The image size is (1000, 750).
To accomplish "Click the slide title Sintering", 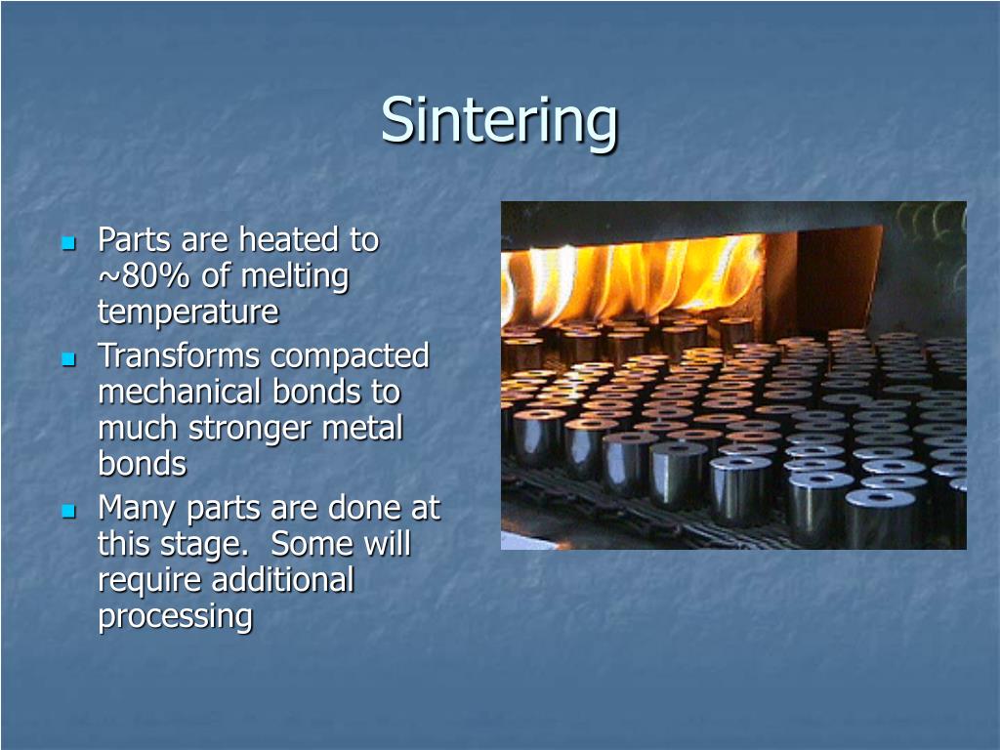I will pyautogui.click(x=499, y=120).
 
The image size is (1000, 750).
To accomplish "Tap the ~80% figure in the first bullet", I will pyautogui.click(x=146, y=276).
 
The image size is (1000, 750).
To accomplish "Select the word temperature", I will pyautogui.click(x=187, y=312).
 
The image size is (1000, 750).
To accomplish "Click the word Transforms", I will pyautogui.click(x=179, y=355).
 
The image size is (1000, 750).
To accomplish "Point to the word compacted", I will pyautogui.click(x=349, y=355).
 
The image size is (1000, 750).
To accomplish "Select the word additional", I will pyautogui.click(x=283, y=580).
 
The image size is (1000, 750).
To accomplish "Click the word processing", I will pyautogui.click(x=175, y=617).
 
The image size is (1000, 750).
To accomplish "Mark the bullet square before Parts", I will pyautogui.click(x=68, y=241).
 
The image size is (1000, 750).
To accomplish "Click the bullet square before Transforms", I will pyautogui.click(x=68, y=358).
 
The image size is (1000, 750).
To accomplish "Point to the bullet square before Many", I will pyautogui.click(x=68, y=511).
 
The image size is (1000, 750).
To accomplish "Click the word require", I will pyautogui.click(x=150, y=581).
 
